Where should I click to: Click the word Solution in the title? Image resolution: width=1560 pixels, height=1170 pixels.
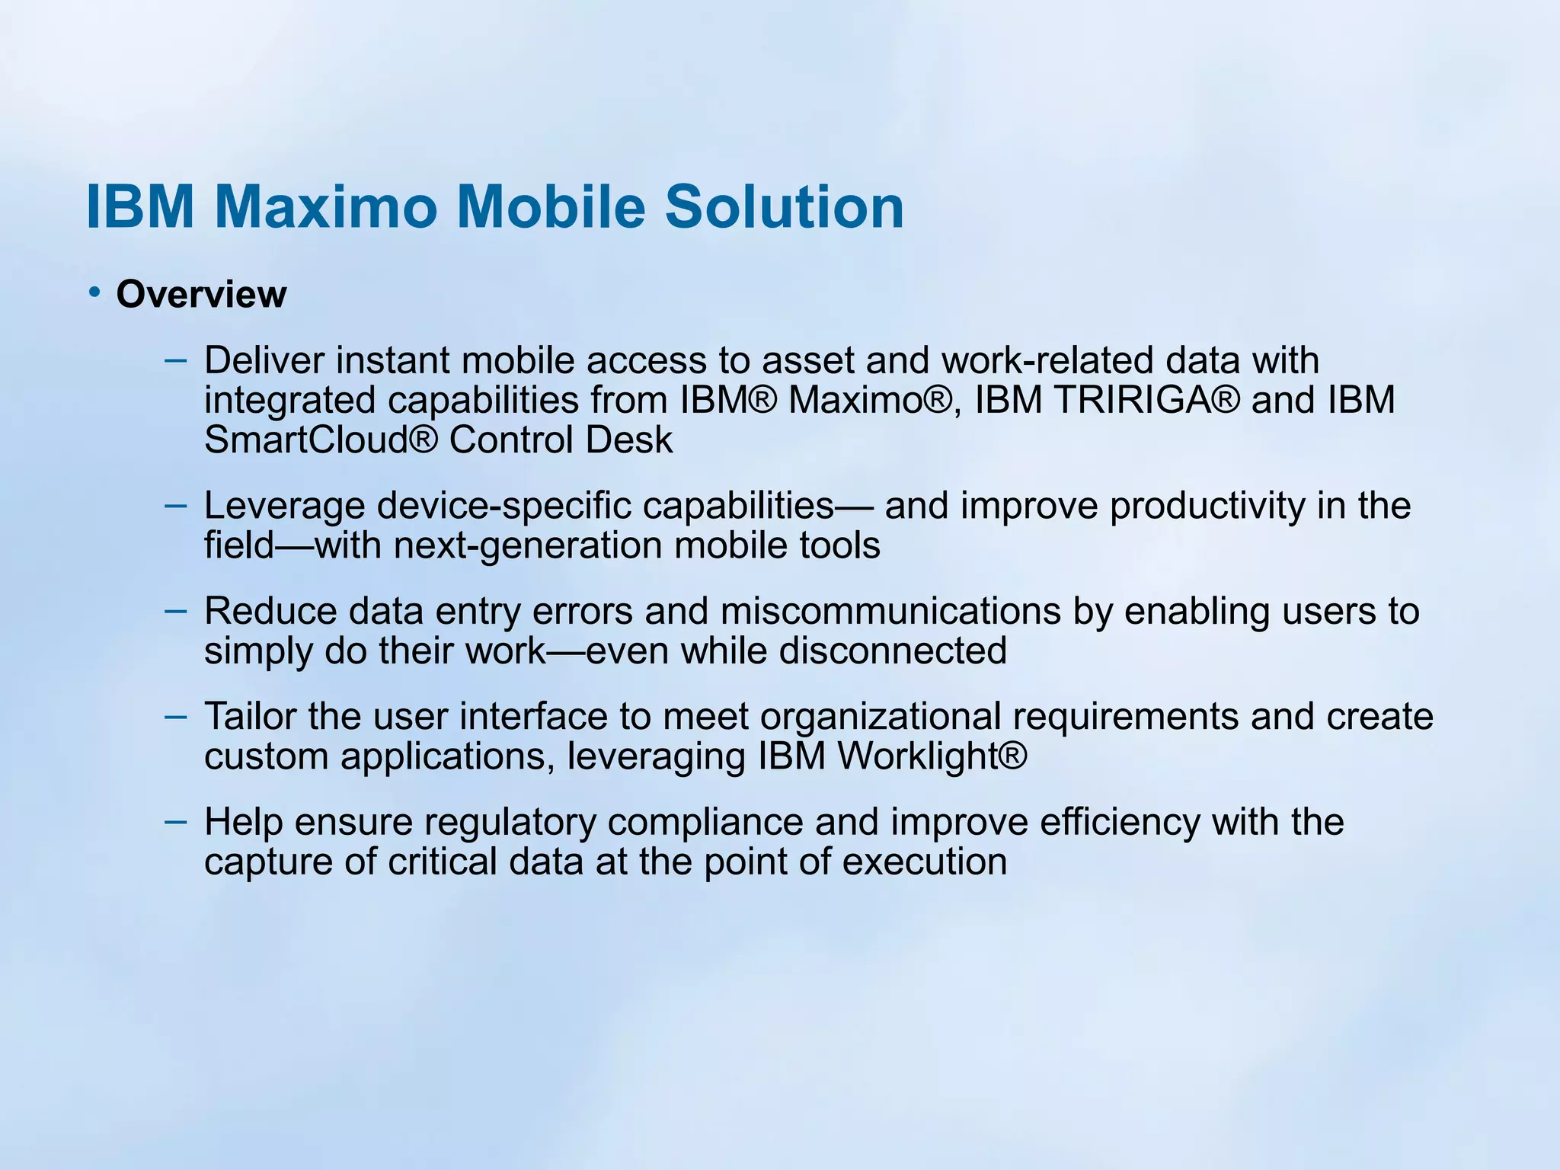[x=785, y=206]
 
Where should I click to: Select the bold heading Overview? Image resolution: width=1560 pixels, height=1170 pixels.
[x=201, y=295]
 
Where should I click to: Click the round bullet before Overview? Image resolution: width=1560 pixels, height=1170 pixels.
[x=94, y=292]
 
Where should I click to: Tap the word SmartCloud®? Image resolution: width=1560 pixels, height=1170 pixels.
[x=321, y=440]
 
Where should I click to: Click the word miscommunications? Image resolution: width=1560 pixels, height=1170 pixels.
[x=890, y=612]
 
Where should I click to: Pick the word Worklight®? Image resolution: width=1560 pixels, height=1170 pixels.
[x=932, y=756]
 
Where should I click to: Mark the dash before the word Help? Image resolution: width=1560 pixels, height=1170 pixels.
[x=175, y=821]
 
